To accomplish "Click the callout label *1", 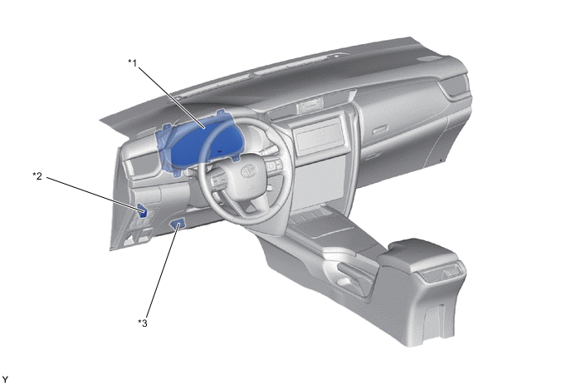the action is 133,63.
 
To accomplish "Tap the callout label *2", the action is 37,176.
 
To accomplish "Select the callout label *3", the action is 143,323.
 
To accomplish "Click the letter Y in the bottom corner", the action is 5,379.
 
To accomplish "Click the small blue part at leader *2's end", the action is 142,211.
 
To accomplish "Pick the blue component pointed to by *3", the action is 178,224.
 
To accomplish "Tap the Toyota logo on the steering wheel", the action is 249,170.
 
